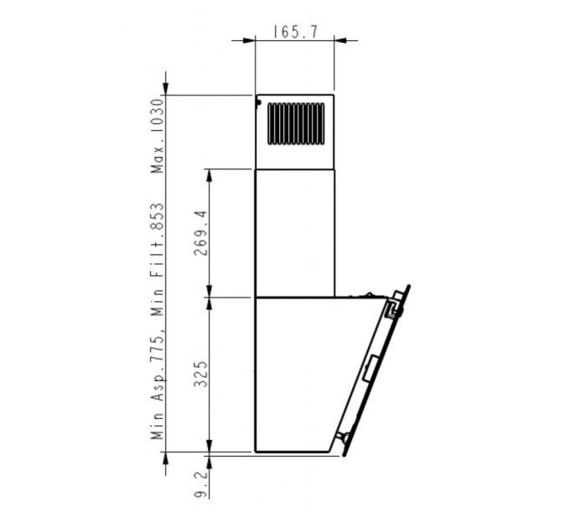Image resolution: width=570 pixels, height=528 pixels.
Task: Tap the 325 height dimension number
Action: [199, 373]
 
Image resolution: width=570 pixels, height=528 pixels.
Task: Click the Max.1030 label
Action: [157, 136]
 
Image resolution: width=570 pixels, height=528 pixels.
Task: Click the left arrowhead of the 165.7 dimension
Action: [249, 39]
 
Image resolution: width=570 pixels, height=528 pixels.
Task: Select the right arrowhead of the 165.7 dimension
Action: [340, 39]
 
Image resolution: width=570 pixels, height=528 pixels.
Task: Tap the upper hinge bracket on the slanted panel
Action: [392, 308]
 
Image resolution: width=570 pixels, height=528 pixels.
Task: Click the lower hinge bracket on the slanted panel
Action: [345, 437]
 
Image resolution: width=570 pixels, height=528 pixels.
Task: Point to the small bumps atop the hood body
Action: [365, 295]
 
